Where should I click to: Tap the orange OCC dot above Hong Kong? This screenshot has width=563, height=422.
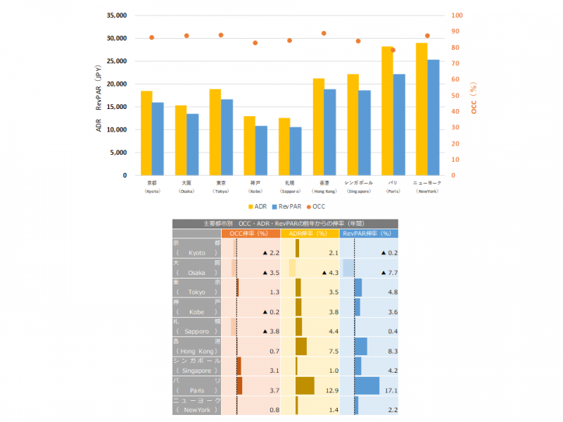[x=324, y=33]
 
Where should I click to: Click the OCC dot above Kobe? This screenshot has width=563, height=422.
[x=255, y=43]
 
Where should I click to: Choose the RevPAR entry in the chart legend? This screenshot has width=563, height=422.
[x=287, y=207]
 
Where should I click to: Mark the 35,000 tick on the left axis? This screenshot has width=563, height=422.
[x=115, y=15]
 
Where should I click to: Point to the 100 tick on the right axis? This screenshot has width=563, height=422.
[x=457, y=15]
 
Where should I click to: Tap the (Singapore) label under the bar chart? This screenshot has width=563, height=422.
[x=358, y=191]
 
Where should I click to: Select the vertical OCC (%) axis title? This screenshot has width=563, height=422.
[x=474, y=98]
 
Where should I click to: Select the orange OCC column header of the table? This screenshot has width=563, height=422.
[x=251, y=233]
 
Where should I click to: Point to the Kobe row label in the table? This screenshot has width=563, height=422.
[x=196, y=307]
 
